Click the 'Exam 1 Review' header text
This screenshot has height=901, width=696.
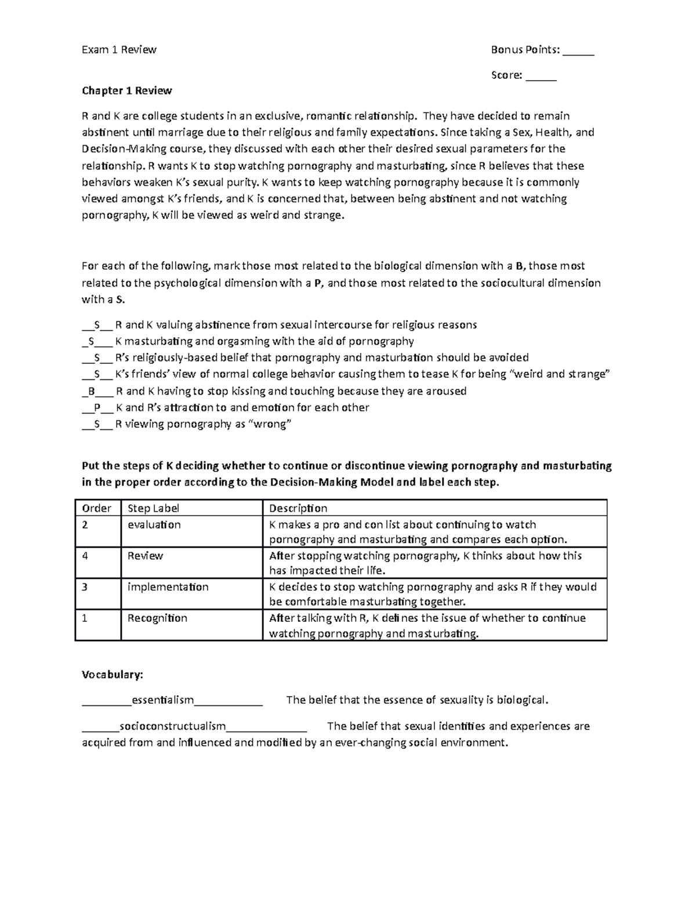(119, 50)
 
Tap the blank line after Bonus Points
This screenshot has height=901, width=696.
(578, 51)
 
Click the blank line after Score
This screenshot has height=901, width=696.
(541, 76)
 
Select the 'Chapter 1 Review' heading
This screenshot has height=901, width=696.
(126, 91)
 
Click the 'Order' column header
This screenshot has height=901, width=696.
(96, 508)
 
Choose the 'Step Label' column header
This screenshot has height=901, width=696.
(153, 508)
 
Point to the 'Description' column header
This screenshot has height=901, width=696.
(298, 508)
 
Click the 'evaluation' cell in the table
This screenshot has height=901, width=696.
(154, 524)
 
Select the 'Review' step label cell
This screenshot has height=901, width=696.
(145, 556)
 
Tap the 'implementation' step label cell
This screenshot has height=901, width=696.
(168, 587)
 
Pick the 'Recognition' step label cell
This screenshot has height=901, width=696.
(157, 618)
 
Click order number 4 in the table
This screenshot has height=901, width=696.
(85, 556)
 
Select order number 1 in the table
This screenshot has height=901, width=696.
(85, 618)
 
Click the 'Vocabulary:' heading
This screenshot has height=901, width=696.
(112, 675)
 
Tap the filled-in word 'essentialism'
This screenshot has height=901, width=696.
(162, 700)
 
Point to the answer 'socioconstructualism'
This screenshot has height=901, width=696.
(172, 726)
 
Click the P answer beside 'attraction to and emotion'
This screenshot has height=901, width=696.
(97, 408)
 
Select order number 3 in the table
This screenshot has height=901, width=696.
(85, 587)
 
